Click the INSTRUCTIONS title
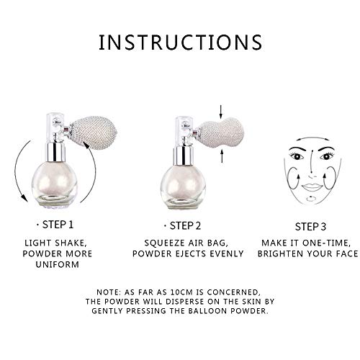coord(180,42)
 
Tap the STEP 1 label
coord(58,225)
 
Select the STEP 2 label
coord(185,226)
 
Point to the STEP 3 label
coord(310,227)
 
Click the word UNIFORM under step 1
coord(58,264)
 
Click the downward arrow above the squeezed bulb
coord(221,112)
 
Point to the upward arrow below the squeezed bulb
coord(222,156)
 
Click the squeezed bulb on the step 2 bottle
coord(222,133)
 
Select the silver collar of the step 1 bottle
coord(55,152)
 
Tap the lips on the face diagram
coord(312,187)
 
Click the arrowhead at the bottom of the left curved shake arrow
coord(24,197)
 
